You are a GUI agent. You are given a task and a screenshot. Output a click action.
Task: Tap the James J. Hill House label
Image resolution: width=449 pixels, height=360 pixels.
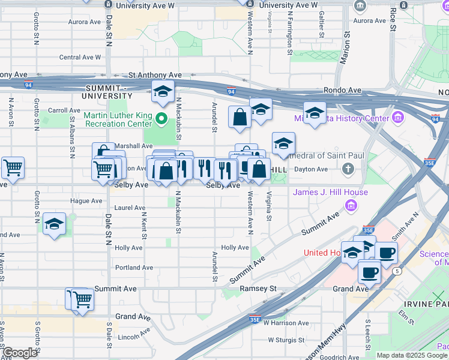tap(321, 192)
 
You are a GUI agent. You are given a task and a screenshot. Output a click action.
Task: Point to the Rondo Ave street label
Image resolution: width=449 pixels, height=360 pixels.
tap(342, 91)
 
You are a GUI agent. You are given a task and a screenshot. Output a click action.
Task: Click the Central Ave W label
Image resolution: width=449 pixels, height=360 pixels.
tap(80, 58)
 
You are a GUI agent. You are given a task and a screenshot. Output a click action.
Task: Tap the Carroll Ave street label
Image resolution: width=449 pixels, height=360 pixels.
tap(64, 110)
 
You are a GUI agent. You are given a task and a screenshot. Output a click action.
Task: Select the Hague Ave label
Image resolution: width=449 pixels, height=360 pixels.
tap(88, 201)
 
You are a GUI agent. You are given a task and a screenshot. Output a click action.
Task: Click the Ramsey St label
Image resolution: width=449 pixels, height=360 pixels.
tap(258, 289)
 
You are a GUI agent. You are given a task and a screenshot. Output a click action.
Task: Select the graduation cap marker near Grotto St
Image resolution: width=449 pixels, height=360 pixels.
tap(55, 224)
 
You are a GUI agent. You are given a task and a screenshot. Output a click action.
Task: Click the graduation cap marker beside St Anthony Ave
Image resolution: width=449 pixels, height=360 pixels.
tap(162, 92)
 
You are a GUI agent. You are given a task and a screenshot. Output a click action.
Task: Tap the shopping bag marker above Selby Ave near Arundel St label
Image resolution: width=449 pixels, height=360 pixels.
tap(240, 117)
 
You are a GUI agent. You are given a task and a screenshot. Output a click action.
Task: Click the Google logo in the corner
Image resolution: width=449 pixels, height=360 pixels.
tap(20, 353)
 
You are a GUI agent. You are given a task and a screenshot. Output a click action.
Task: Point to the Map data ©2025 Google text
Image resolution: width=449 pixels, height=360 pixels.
tap(412, 355)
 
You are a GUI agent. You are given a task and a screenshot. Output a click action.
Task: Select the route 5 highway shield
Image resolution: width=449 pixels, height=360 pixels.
tap(396, 271)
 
